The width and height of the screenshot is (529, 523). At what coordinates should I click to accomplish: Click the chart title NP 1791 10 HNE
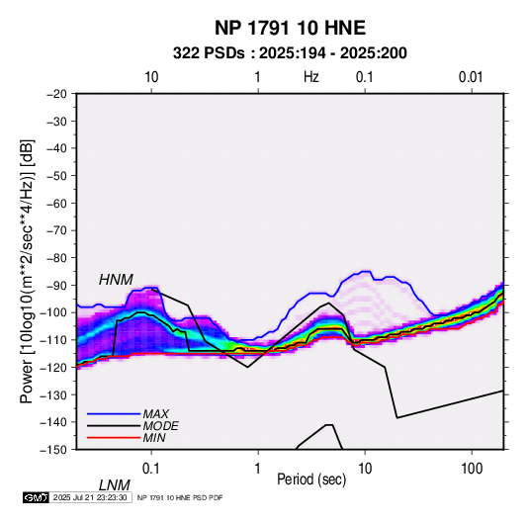pyautogui.click(x=290, y=28)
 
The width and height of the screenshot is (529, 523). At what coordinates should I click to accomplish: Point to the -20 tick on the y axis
pyautogui.click(x=57, y=94)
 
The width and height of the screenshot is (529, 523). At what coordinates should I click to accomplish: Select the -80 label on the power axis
pyautogui.click(x=57, y=258)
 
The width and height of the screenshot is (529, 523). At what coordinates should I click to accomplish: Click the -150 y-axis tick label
pyautogui.click(x=54, y=450)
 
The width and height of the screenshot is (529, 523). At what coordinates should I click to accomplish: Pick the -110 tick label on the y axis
pyautogui.click(x=54, y=340)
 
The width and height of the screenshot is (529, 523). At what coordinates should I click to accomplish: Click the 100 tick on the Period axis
pyautogui.click(x=472, y=469)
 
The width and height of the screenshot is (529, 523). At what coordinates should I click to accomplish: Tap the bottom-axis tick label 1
pyautogui.click(x=258, y=469)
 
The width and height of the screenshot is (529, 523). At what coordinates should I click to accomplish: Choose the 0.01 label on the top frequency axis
pyautogui.click(x=471, y=77)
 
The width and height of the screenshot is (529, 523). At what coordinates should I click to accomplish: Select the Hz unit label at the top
pyautogui.click(x=311, y=77)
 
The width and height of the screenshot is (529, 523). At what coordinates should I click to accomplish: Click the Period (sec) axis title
pyautogui.click(x=311, y=479)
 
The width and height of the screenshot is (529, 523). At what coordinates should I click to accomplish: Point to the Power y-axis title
pyautogui.click(x=27, y=272)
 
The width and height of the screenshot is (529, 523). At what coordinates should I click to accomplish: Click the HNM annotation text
pyautogui.click(x=116, y=280)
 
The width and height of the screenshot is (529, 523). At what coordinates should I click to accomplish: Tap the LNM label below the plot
pyautogui.click(x=115, y=485)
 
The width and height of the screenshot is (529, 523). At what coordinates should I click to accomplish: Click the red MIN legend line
pyautogui.click(x=114, y=438)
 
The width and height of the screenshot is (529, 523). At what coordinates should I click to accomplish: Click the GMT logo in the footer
pyautogui.click(x=37, y=497)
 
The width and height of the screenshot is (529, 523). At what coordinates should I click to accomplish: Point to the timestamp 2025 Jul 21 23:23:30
pyautogui.click(x=90, y=497)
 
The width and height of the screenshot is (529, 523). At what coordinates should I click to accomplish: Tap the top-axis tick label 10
pyautogui.click(x=151, y=77)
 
